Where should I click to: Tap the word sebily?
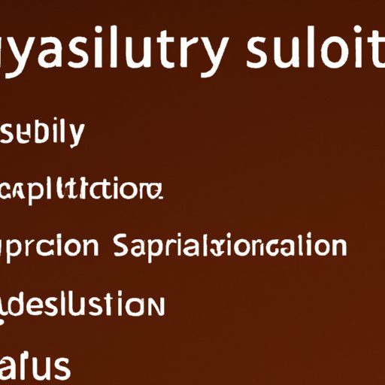click(44, 134)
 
